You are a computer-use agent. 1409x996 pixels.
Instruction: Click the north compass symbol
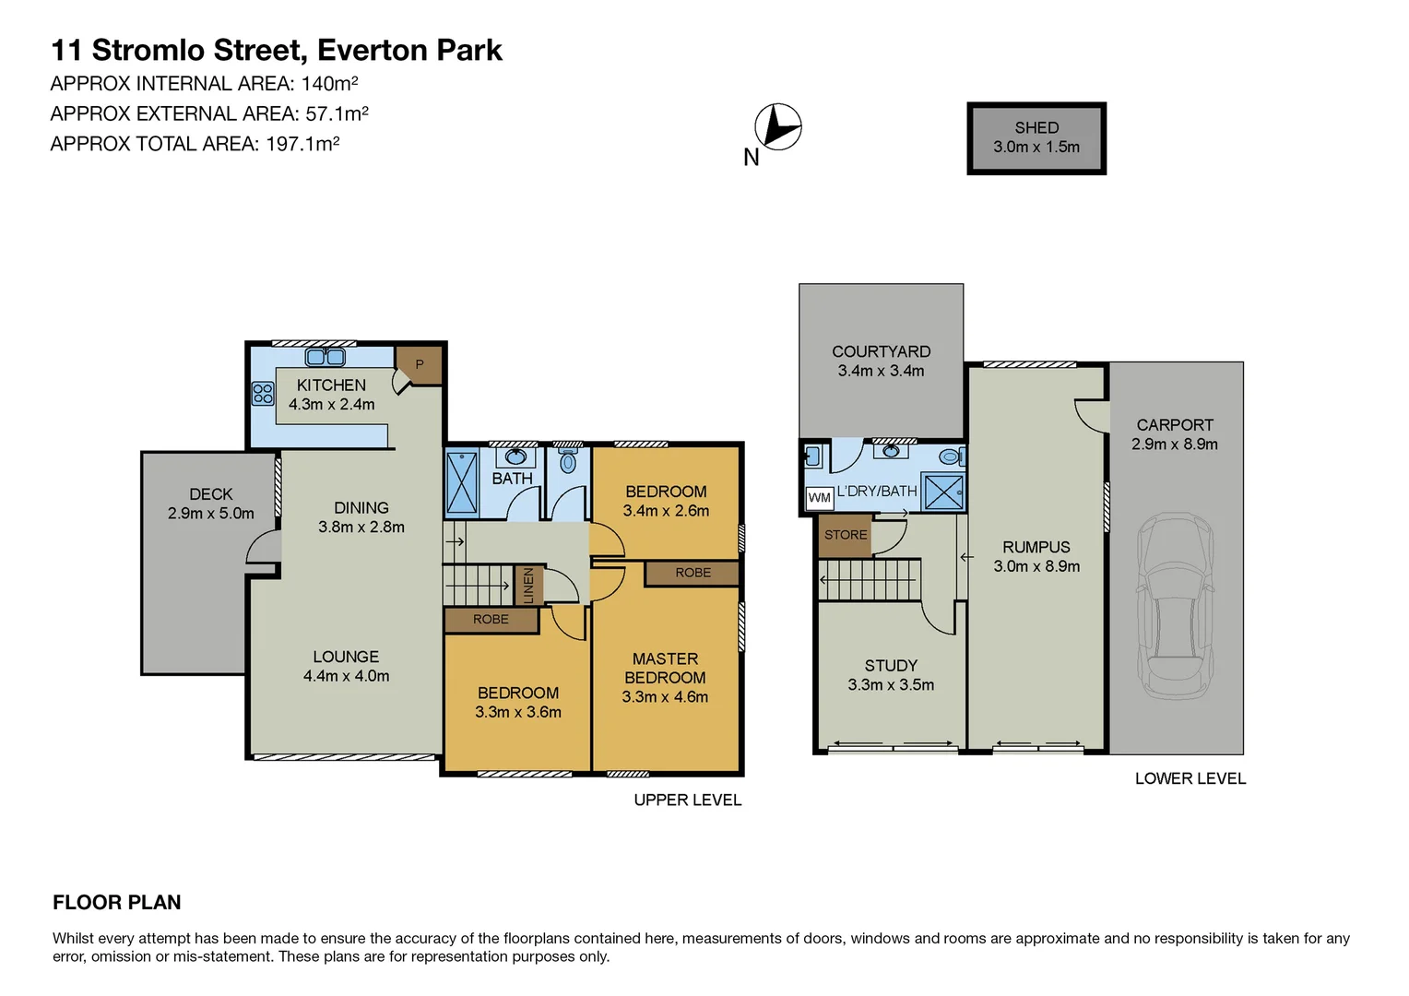[777, 126]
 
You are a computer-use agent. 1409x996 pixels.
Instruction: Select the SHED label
[1036, 128]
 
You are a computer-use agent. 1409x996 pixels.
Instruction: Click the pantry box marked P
[420, 364]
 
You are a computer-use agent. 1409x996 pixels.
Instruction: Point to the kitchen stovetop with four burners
[263, 394]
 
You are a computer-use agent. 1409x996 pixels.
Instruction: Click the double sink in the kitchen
[325, 357]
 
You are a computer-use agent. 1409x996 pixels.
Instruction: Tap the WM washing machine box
[819, 498]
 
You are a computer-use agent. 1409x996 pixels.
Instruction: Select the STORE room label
[846, 535]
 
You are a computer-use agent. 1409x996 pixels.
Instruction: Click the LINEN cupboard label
[528, 586]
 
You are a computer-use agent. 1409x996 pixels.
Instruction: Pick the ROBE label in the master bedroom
[693, 573]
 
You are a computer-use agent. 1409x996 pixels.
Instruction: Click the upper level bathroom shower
[462, 481]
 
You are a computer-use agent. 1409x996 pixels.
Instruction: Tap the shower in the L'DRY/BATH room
[943, 492]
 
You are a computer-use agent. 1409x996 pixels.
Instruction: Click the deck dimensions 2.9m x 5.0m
[211, 514]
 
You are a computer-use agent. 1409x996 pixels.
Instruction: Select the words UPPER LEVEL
[687, 800]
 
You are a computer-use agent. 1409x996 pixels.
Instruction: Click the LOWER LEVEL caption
[1190, 779]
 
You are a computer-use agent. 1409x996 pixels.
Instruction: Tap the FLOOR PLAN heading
[117, 903]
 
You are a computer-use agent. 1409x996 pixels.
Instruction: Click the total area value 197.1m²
[302, 144]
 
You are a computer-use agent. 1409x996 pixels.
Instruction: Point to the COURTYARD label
[881, 351]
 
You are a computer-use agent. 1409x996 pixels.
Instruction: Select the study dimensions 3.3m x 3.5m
[891, 685]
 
